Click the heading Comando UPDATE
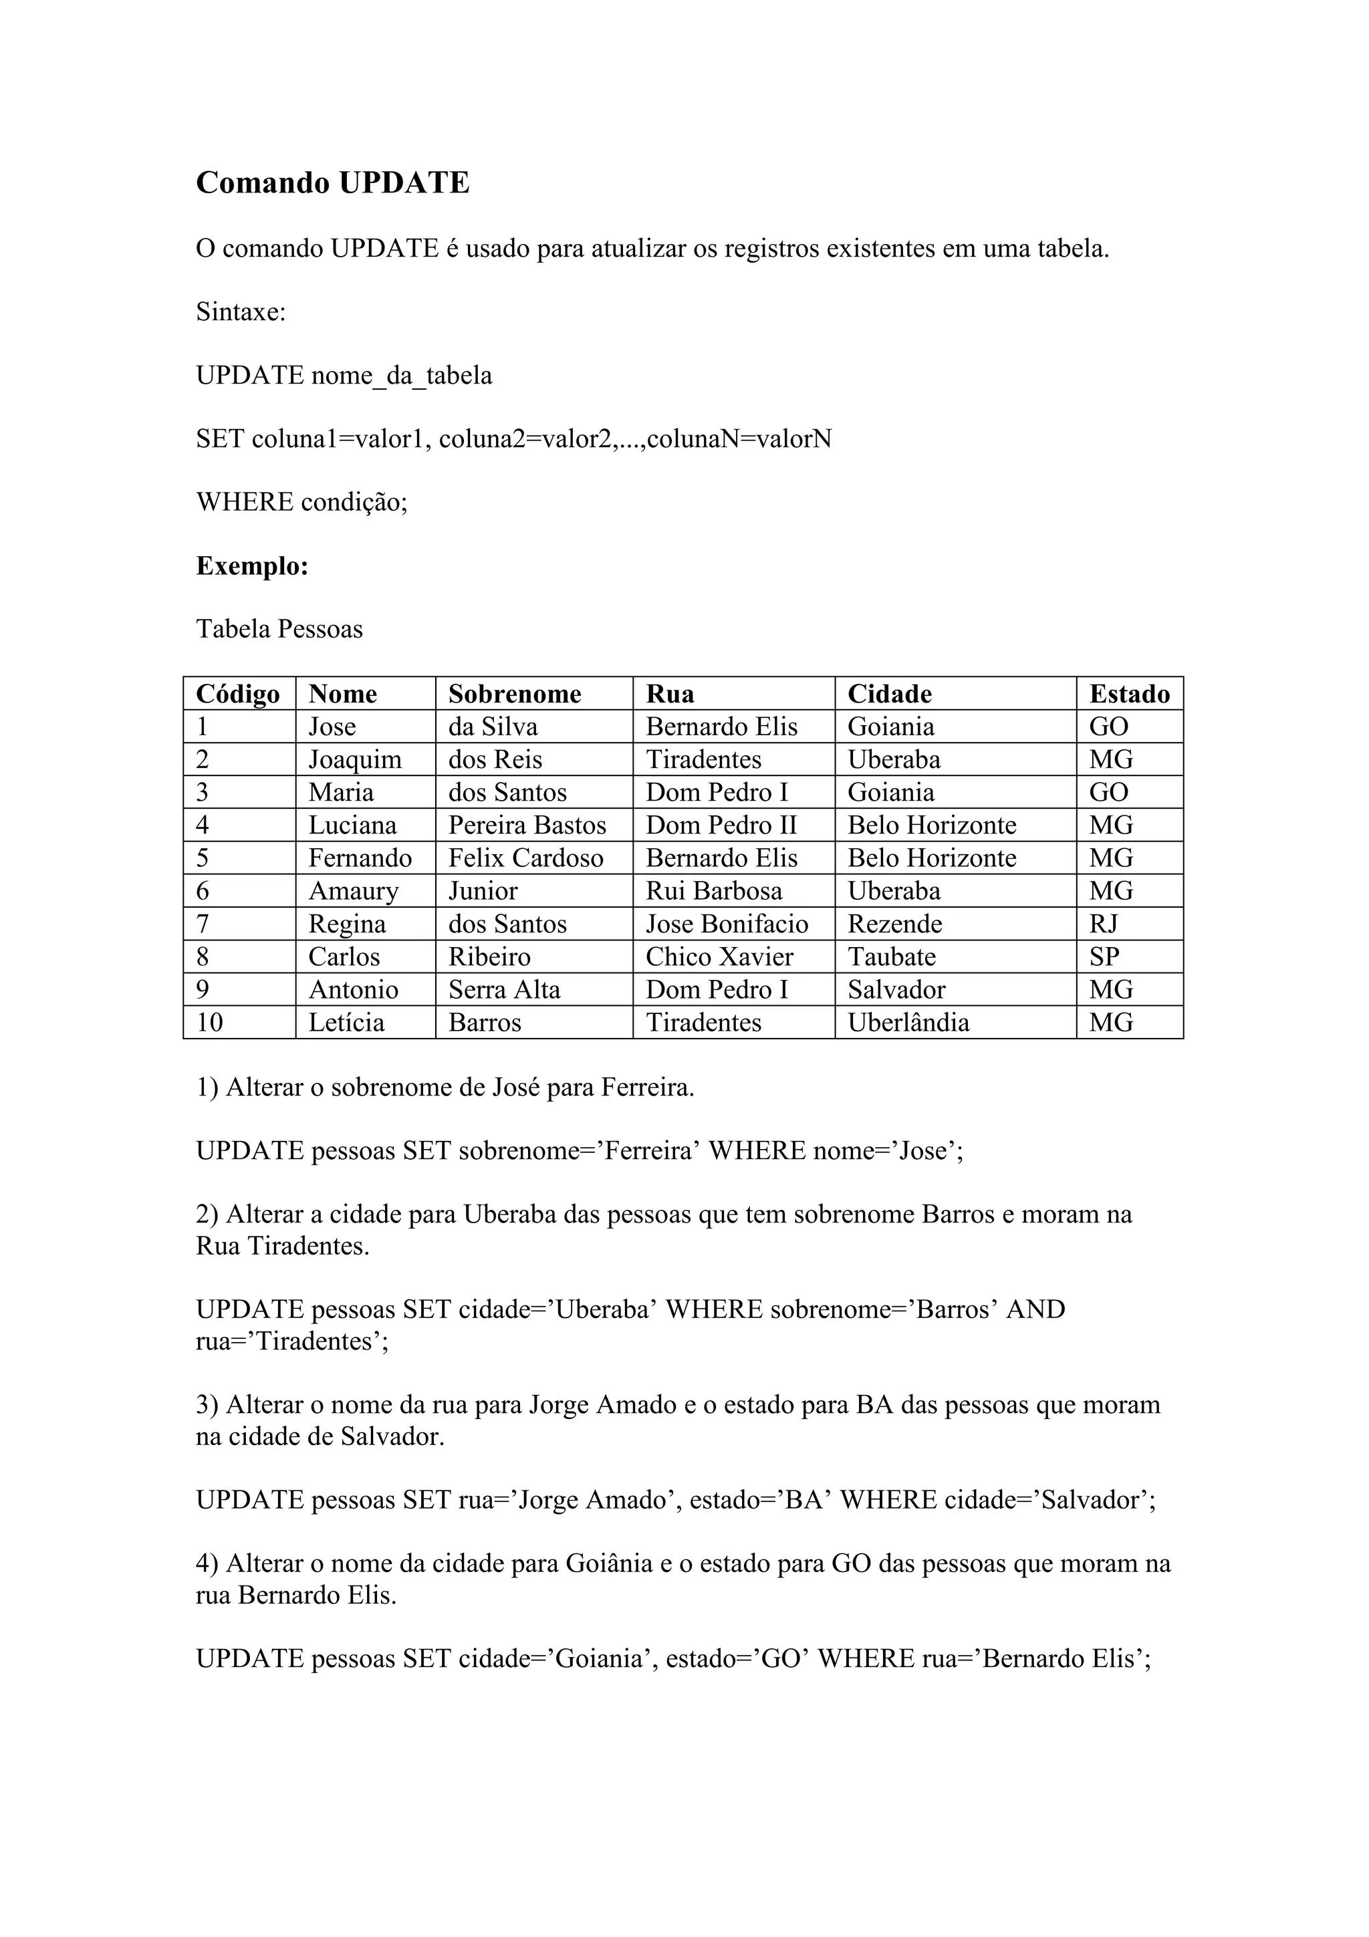click(332, 183)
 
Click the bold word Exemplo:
click(252, 565)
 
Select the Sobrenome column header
click(515, 694)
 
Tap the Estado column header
click(1130, 694)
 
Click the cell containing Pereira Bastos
click(527, 825)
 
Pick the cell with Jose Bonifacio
click(727, 924)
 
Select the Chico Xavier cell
click(719, 956)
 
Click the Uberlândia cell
click(908, 1023)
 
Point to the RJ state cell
click(1104, 924)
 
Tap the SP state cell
click(1104, 956)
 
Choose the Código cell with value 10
click(209, 1023)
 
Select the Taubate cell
click(892, 956)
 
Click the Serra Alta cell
click(505, 990)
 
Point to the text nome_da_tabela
click(402, 376)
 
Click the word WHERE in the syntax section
click(245, 502)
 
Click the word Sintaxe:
click(241, 312)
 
